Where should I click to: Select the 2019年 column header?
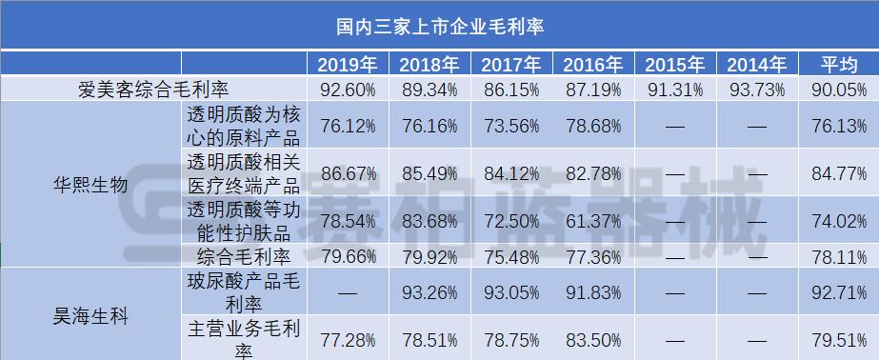[x=348, y=65]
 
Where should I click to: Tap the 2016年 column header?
[x=592, y=65]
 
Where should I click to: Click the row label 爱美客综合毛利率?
[x=154, y=90]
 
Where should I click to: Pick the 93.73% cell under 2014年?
[x=757, y=90]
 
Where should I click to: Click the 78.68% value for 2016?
[x=593, y=126]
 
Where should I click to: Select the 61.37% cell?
[x=593, y=220]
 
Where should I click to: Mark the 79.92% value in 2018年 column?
[x=430, y=255]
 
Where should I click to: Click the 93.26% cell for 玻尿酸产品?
[x=430, y=292]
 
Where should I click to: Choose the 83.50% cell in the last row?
[x=593, y=338]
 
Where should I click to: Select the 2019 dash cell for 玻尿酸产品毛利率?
[x=348, y=292]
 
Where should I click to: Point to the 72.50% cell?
[x=511, y=220]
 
